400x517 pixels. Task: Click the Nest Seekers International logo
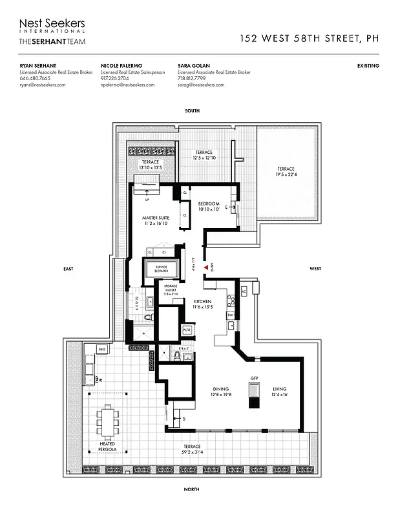pyautogui.click(x=52, y=26)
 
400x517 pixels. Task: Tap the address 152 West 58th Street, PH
pyautogui.click(x=309, y=38)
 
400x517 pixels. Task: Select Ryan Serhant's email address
pyautogui.click(x=43, y=85)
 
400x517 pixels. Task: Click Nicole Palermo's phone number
pyautogui.click(x=117, y=78)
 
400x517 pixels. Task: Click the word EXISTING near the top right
pyautogui.click(x=368, y=66)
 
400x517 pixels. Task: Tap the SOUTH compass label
pyautogui.click(x=192, y=111)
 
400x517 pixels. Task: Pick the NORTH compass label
pyautogui.click(x=192, y=490)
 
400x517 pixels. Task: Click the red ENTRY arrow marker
pyautogui.click(x=205, y=267)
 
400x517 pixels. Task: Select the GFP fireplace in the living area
pyautogui.click(x=254, y=392)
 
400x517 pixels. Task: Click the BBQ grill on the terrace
pyautogui.click(x=101, y=350)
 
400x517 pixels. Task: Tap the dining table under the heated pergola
pyautogui.click(x=108, y=422)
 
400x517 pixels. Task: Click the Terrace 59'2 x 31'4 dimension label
pyautogui.click(x=191, y=450)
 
